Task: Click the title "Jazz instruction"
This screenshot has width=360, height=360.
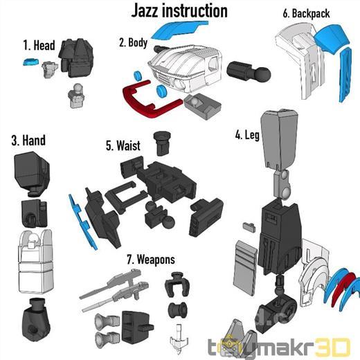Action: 179,11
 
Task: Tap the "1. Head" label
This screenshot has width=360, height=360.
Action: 39,45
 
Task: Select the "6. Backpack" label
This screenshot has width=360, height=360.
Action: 306,13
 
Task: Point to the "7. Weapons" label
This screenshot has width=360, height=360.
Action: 151,260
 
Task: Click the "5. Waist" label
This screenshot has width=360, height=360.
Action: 123,145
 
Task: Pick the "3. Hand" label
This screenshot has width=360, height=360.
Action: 28,140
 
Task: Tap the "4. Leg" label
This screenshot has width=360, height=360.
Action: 247,135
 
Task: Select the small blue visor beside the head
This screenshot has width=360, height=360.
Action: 30,62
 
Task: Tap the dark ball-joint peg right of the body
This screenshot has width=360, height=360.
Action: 248,71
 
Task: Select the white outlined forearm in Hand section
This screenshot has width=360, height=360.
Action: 35,261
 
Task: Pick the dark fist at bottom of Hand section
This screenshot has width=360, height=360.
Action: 36,320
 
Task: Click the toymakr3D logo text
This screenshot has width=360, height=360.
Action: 279,348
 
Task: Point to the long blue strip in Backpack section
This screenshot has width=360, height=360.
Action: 345,74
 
